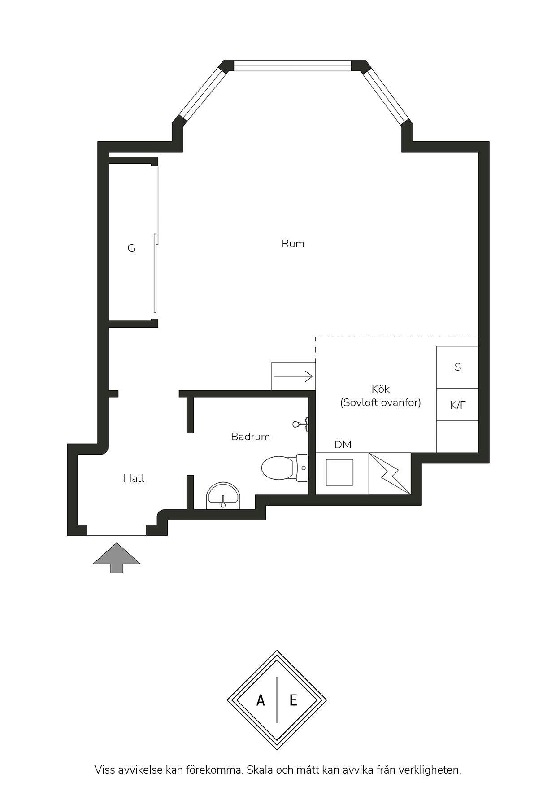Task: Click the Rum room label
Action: pyautogui.click(x=293, y=244)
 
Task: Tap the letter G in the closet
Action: pyautogui.click(x=131, y=248)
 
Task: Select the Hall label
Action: pyautogui.click(x=134, y=478)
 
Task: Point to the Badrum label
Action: pyautogui.click(x=250, y=437)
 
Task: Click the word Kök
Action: pyautogui.click(x=381, y=389)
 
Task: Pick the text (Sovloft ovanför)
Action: pyautogui.click(x=381, y=402)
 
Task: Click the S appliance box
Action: pyautogui.click(x=457, y=367)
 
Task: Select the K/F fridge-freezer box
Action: pyautogui.click(x=457, y=405)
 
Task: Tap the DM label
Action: pyautogui.click(x=343, y=445)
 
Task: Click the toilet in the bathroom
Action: pyautogui.click(x=285, y=468)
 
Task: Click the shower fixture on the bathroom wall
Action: pyautogui.click(x=301, y=424)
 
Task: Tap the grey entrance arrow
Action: pyautogui.click(x=117, y=558)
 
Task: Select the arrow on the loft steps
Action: pyautogui.click(x=293, y=376)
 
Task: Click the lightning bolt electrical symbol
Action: pyautogui.click(x=390, y=474)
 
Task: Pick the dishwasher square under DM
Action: pyautogui.click(x=339, y=472)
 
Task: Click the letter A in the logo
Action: pyautogui.click(x=261, y=700)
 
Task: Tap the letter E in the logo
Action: pyautogui.click(x=293, y=700)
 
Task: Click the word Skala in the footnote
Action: pyautogui.click(x=260, y=770)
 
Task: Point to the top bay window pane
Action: pyautogui.click(x=292, y=66)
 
